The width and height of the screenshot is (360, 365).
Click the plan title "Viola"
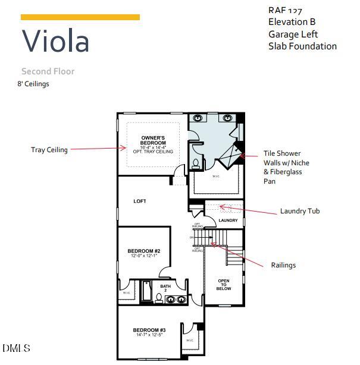(56, 41)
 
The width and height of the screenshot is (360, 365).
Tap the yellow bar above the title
(80, 17)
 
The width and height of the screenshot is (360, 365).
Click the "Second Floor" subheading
(48, 71)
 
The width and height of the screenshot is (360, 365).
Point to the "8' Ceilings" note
(33, 84)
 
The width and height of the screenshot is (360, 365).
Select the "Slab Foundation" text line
(302, 46)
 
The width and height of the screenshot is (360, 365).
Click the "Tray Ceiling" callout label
(49, 150)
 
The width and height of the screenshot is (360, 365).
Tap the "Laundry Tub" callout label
(300, 211)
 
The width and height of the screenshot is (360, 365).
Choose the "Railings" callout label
(283, 265)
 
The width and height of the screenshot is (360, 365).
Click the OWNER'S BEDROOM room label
(153, 140)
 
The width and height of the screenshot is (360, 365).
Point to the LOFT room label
(140, 202)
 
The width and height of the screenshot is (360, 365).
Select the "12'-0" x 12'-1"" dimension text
(143, 256)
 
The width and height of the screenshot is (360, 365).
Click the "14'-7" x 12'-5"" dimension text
(149, 335)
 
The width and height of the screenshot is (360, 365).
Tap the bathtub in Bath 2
(147, 291)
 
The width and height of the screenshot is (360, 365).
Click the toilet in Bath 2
(159, 298)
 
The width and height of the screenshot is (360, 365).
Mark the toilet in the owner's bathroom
(195, 166)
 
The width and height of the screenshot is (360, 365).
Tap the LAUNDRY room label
(228, 221)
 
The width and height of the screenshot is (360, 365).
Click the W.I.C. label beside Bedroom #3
(190, 340)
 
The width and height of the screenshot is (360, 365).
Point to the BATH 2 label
(165, 288)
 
